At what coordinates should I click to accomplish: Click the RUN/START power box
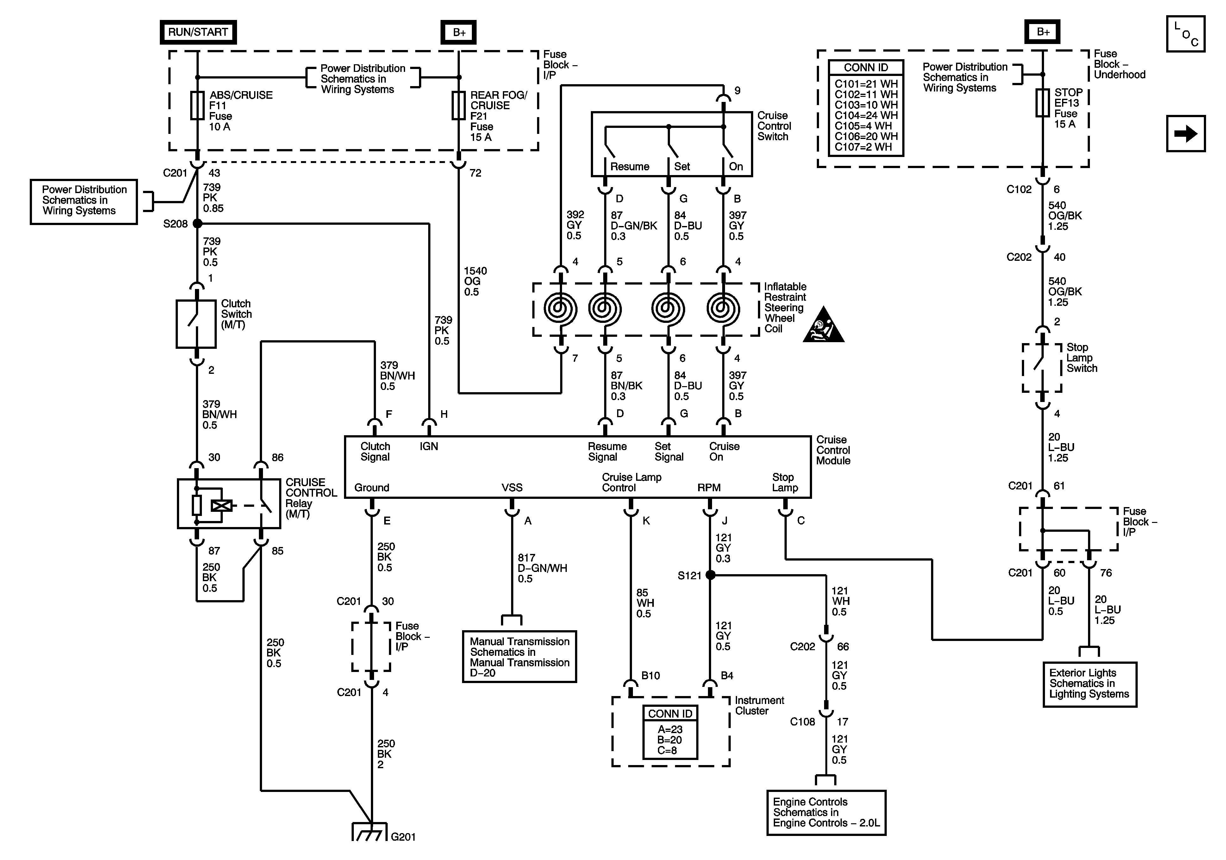(198, 32)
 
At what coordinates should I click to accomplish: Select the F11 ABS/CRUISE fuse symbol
(197, 105)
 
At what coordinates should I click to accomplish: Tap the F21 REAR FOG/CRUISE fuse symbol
(459, 105)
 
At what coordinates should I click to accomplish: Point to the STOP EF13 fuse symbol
(1042, 103)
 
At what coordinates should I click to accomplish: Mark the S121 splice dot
(710, 575)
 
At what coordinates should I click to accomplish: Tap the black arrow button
(1185, 134)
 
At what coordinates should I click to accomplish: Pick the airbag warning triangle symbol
(823, 326)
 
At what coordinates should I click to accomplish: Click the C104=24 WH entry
(866, 116)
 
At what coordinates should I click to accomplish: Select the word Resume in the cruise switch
(629, 167)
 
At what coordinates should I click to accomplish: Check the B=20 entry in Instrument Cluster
(670, 740)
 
